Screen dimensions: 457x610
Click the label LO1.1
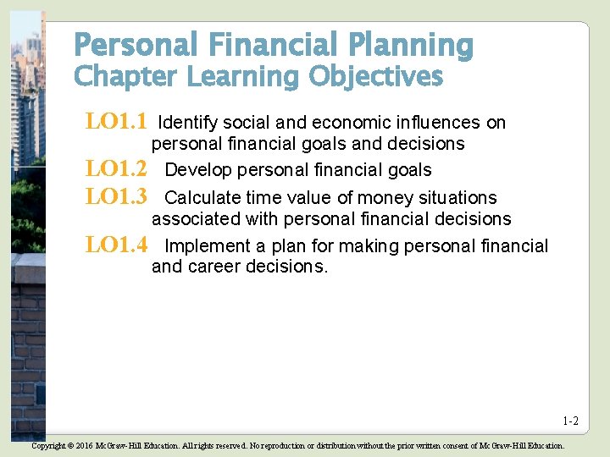[116, 122]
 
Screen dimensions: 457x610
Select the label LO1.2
[116, 170]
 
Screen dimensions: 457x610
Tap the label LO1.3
[116, 197]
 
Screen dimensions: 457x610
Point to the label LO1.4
[116, 245]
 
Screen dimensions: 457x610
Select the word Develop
[198, 171]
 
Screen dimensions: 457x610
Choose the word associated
[195, 219]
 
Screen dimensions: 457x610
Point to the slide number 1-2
[570, 421]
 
